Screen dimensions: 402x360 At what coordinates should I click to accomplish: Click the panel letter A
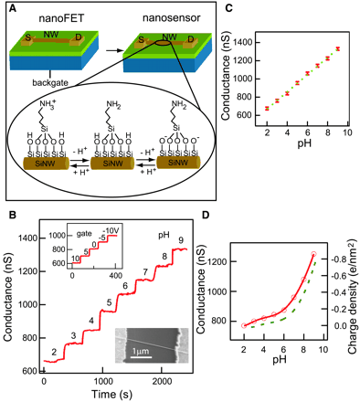(x=8, y=9)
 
